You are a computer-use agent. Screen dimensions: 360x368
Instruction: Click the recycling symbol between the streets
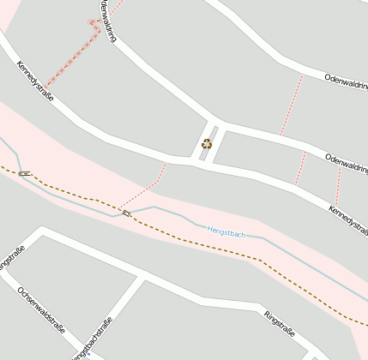coord(206,144)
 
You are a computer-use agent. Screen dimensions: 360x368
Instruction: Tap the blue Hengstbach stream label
coord(226,232)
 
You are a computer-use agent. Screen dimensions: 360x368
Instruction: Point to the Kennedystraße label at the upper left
coord(35,81)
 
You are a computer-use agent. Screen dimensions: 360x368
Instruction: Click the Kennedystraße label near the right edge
coord(348,221)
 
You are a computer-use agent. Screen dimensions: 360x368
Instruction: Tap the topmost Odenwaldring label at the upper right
coord(346,83)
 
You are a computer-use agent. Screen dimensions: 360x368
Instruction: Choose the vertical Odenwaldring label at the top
coord(108,20)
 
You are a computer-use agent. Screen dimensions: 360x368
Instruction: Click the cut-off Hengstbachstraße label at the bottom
coord(94,339)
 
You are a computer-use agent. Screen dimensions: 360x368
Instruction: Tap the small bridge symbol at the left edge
coord(25,174)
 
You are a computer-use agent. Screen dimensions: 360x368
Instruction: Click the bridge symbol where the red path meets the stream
coord(126,213)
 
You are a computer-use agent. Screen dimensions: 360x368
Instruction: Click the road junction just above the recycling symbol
coord(214,121)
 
